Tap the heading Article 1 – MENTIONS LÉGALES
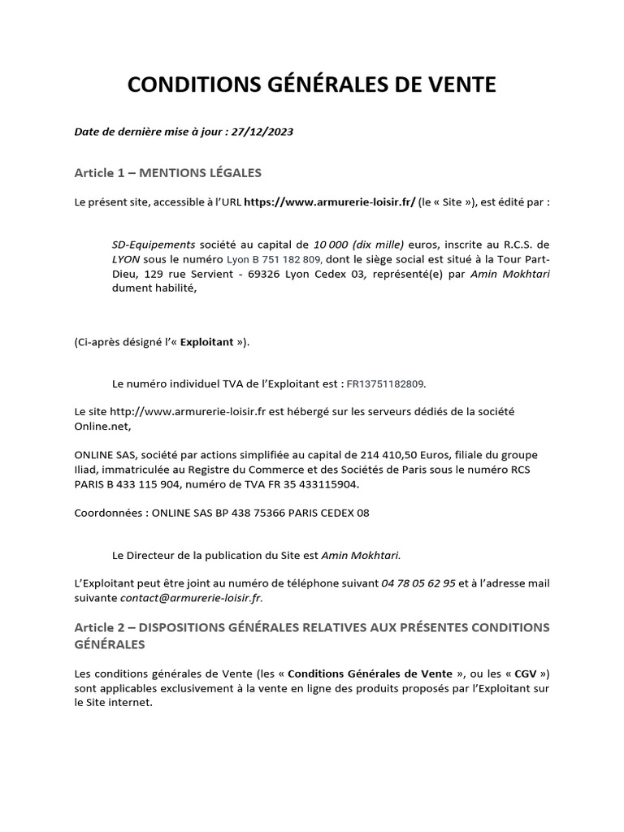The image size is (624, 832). coord(167,172)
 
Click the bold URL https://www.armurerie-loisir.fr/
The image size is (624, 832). coord(329,202)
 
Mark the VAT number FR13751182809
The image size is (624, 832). coord(385,383)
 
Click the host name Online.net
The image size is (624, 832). coord(101,426)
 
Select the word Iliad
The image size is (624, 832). coord(88,470)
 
